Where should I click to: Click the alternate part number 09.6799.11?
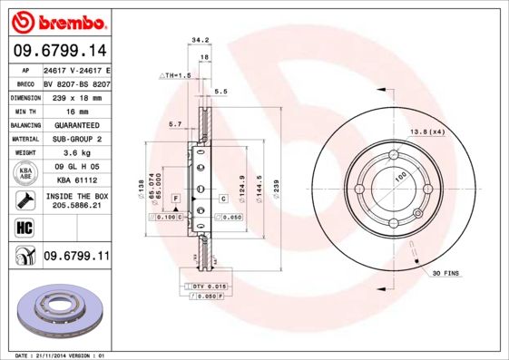(76, 258)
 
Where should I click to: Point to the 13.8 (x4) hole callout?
(426, 133)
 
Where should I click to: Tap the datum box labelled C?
(223, 198)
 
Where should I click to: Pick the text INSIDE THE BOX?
(76, 195)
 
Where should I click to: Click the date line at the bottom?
(56, 355)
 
